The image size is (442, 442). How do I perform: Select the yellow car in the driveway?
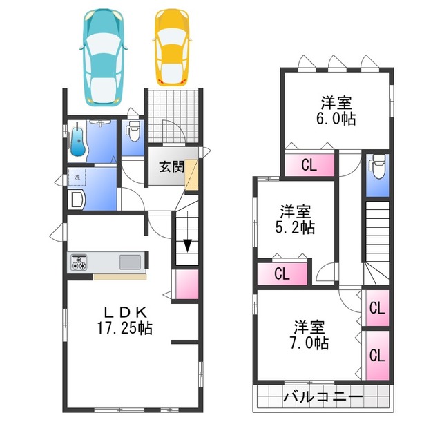point(170,46)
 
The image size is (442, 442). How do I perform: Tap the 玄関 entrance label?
point(171,166)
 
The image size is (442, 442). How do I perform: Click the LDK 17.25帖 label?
point(124,318)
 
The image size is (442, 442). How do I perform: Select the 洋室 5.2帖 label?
point(297,219)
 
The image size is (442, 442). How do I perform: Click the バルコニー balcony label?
point(323,398)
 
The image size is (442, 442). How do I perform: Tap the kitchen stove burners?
point(79,262)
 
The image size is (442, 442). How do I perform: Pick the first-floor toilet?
point(133,131)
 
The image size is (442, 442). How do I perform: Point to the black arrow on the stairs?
point(186,246)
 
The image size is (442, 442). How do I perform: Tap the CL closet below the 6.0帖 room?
point(309,164)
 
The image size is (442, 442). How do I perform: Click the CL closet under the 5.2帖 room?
point(282,273)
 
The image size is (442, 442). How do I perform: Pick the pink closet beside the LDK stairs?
point(186,283)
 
